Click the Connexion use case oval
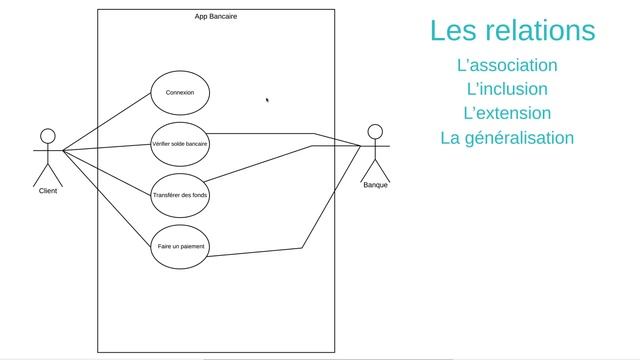[180, 93]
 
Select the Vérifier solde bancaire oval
[180, 144]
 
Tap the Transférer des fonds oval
[180, 195]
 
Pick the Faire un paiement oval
[180, 246]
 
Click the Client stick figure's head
[47, 135]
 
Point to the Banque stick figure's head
[375, 131]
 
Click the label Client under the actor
[47, 190]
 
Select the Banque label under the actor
[376, 185]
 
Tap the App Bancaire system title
[216, 16]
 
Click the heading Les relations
[512, 30]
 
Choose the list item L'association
[506, 65]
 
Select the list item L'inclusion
[507, 89]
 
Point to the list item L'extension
[507, 113]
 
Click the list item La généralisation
[507, 138]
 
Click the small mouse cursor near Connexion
[267, 99]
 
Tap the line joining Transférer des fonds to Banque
[260, 165]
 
